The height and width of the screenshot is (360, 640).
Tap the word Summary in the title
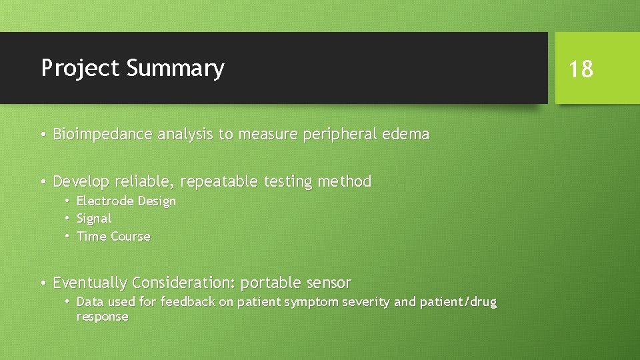[175, 69]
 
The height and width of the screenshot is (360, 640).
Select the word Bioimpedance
[103, 134]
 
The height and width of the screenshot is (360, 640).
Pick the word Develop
[81, 181]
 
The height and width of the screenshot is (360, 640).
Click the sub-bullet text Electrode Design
[126, 201]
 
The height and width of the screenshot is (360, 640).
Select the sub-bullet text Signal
[94, 219]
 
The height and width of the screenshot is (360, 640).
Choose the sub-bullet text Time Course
[113, 236]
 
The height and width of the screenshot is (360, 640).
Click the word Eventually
[90, 283]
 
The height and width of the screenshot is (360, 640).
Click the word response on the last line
[102, 317]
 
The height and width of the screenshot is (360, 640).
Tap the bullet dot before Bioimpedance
[42, 135]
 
